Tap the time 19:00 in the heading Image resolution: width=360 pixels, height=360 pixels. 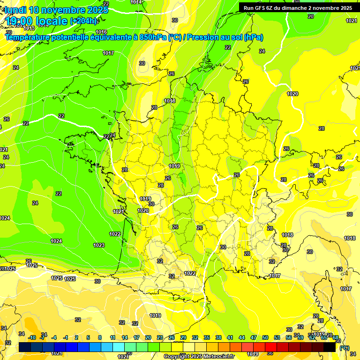click(x=21, y=21)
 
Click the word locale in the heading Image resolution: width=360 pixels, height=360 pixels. click(x=52, y=21)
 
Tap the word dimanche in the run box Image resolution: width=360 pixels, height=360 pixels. click(x=295, y=8)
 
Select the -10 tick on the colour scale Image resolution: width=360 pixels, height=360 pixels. click(x=32, y=337)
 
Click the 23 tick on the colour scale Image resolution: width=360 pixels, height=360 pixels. click(x=159, y=337)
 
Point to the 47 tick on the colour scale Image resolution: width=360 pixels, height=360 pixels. click(x=254, y=337)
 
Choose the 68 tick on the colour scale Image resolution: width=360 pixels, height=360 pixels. click(x=336, y=337)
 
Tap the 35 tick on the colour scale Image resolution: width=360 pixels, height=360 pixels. click(x=207, y=337)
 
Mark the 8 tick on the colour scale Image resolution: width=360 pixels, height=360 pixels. click(x=100, y=337)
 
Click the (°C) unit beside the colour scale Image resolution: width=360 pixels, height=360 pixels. click(x=344, y=348)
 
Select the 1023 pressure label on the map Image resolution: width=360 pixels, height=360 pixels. click(x=99, y=245)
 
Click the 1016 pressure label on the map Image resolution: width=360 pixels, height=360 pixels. click(x=101, y=32)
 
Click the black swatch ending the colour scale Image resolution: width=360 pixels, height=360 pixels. click(x=330, y=347)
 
